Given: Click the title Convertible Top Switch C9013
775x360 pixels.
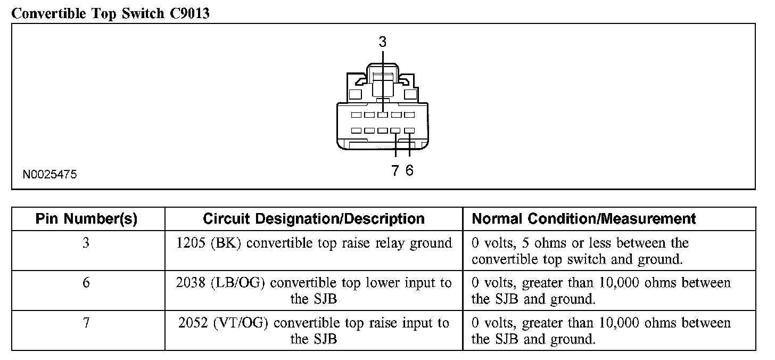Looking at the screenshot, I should (110, 13).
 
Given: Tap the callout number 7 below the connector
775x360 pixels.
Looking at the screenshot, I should (395, 170).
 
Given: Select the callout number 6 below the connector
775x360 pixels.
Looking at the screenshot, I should (409, 170).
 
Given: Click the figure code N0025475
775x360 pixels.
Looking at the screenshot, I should (50, 174).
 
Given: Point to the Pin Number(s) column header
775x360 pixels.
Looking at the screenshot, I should (86, 219).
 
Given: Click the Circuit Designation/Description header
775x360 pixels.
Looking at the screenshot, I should (314, 219).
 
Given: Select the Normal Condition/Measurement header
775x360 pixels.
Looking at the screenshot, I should (584, 219).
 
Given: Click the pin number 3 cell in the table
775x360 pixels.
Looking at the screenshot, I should (86, 243).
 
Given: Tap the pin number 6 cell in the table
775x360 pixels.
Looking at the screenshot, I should (86, 283).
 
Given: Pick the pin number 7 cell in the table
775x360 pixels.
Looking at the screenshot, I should (86, 323).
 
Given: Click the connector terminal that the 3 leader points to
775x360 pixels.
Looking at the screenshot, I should (382, 115).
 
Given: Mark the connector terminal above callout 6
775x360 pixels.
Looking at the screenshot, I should (409, 130).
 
